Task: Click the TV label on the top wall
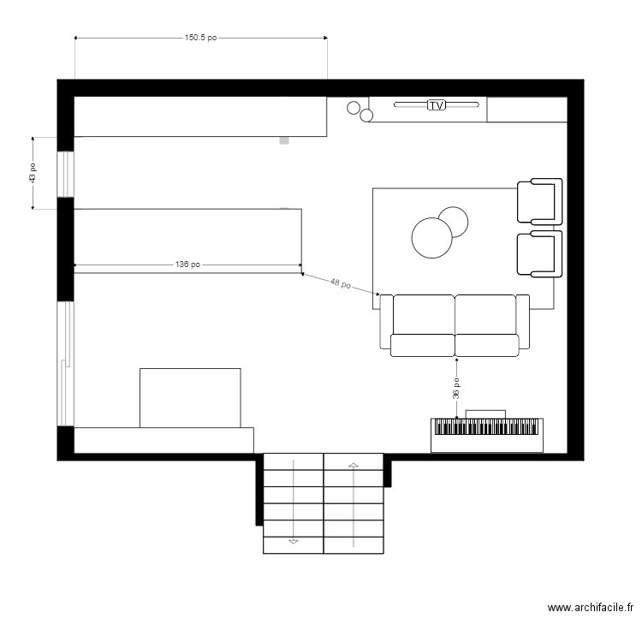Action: pos(437,105)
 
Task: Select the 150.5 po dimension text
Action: pos(200,38)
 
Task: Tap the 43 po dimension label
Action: pos(33,173)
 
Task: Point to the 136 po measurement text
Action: pos(188,265)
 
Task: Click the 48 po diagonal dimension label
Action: pos(341,283)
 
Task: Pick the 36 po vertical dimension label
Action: pos(456,388)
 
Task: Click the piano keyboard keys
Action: pos(486,426)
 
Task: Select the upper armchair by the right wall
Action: pos(539,201)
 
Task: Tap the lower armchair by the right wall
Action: pos(539,254)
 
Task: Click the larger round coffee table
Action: pos(432,238)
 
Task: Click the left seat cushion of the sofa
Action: pos(423,345)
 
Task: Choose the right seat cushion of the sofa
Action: pos(487,345)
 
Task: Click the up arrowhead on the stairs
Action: pos(354,465)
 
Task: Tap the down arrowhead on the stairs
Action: pos(293,541)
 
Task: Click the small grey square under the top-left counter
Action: pos(284,140)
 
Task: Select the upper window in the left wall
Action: pos(66,175)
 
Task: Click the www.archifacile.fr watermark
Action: pos(591,608)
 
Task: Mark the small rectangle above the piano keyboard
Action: pos(485,414)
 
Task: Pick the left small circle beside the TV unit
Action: pos(354,108)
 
